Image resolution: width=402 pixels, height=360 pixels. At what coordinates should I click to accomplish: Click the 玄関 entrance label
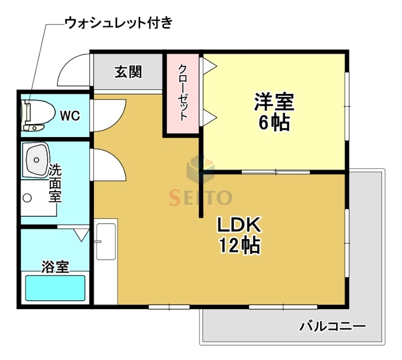pyautogui.click(x=128, y=72)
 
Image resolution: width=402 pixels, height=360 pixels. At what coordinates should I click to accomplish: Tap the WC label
pyautogui.click(x=70, y=115)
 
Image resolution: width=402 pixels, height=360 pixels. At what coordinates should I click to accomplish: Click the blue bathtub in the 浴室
pyautogui.click(x=55, y=288)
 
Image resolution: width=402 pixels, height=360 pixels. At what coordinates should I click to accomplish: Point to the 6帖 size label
pyautogui.click(x=274, y=123)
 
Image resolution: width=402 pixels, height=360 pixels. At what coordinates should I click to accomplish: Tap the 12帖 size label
pyautogui.click(x=239, y=246)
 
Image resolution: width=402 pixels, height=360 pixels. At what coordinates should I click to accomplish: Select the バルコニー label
pyautogui.click(x=333, y=327)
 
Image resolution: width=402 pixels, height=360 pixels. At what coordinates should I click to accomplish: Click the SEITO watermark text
pyautogui.click(x=200, y=197)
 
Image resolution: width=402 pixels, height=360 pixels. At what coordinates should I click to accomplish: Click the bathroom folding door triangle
pyautogui.click(x=81, y=234)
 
